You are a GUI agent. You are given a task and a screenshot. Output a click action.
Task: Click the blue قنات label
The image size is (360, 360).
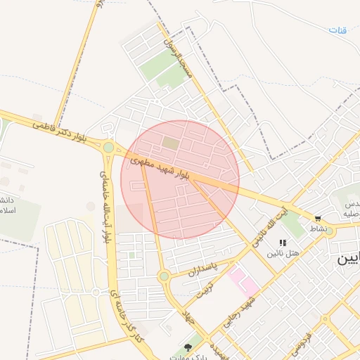pos(339,30)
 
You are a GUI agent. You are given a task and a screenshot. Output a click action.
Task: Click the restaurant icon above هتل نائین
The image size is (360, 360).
pos(283,243)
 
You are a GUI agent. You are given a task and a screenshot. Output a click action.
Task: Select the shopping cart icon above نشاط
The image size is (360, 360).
pos(318,219)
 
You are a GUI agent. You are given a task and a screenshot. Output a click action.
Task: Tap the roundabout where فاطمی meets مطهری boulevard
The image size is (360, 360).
pos(108,147)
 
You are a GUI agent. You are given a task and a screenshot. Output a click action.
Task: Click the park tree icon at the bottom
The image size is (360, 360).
pos(187,347)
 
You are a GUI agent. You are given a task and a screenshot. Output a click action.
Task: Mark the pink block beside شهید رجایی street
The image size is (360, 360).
pos(243,281)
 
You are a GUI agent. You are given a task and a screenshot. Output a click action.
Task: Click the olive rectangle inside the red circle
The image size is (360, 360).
pos(170,143)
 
